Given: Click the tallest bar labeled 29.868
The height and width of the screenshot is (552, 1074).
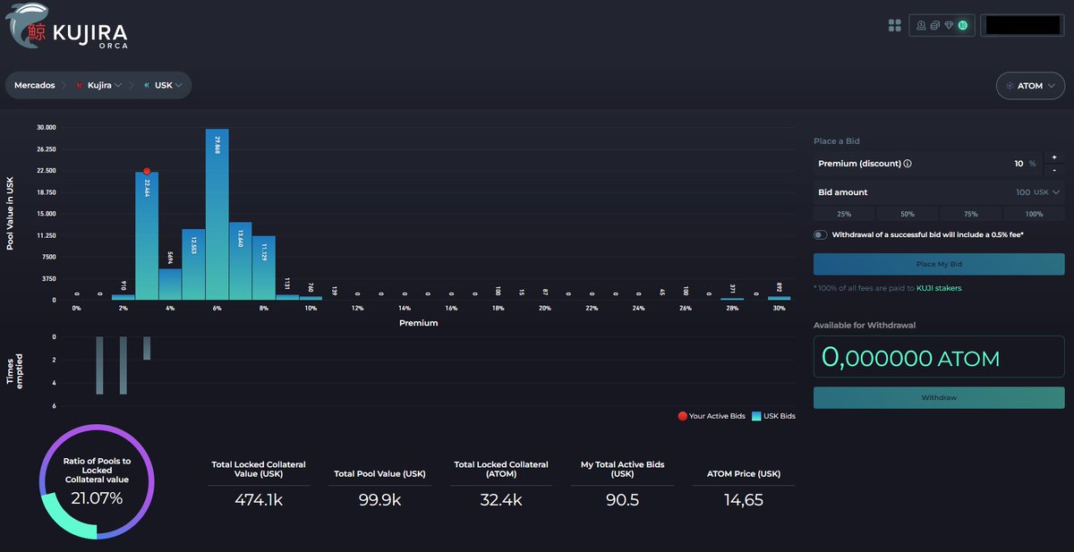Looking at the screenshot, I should coord(217,215).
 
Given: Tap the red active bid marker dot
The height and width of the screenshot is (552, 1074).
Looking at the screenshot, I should coord(147,171).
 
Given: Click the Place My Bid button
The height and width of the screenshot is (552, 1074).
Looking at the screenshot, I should coord(938,264).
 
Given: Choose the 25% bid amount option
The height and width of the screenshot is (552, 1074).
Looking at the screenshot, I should coord(844,214).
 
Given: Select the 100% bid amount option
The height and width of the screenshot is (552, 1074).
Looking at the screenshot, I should coord(1034,214).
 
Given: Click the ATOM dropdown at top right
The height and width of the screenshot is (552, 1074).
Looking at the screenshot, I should coord(1029,86).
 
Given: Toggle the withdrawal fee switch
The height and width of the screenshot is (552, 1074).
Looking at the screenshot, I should coord(821,234).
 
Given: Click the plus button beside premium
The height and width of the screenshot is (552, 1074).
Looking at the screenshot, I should coord(1054,157).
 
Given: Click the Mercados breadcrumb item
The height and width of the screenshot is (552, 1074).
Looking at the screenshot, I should coord(34,86).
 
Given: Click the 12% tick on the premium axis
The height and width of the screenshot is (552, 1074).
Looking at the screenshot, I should coord(357,309).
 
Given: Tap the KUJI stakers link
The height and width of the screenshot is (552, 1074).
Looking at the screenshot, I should coord(939,288).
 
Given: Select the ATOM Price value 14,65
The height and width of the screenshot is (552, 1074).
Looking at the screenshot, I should coord(743,500).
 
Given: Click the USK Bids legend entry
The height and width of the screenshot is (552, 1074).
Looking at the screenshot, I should coord(774,416).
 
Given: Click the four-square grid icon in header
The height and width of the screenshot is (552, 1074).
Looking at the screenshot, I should coord(894,25).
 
